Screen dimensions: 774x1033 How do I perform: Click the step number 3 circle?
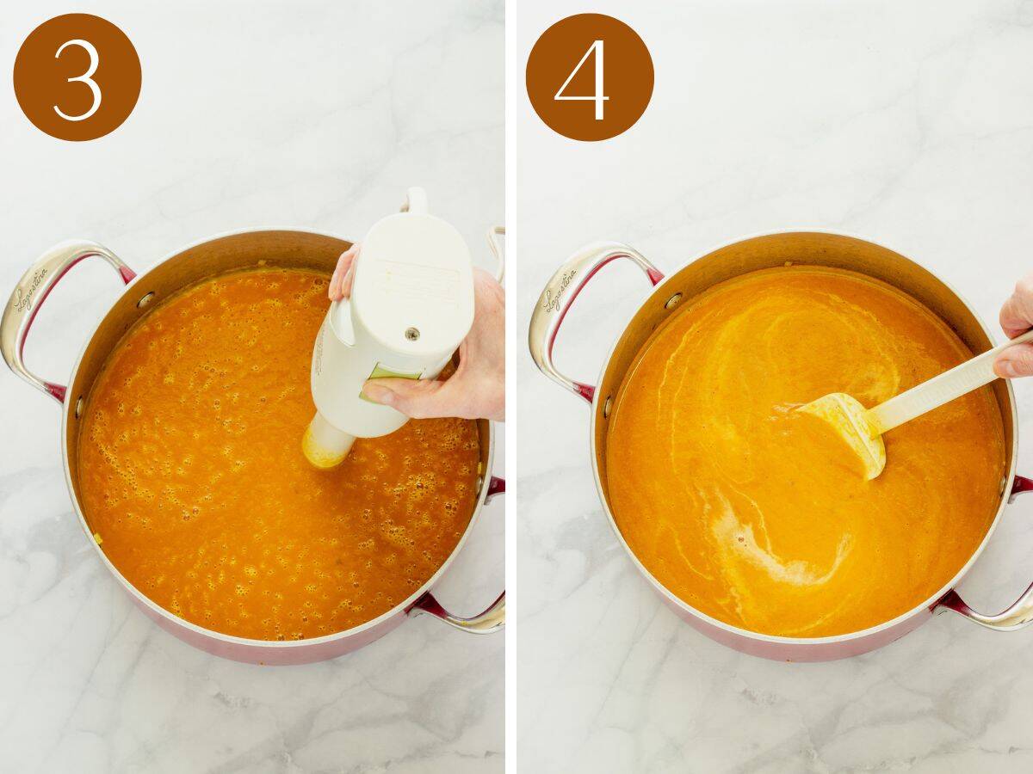pos(77,77)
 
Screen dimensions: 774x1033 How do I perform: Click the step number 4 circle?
pos(590,77)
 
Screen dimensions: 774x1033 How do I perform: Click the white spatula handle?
pos(938,378)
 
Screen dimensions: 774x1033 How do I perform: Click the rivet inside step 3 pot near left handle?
pos(145,299)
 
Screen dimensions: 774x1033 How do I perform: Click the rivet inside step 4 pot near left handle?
pos(672,300)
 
